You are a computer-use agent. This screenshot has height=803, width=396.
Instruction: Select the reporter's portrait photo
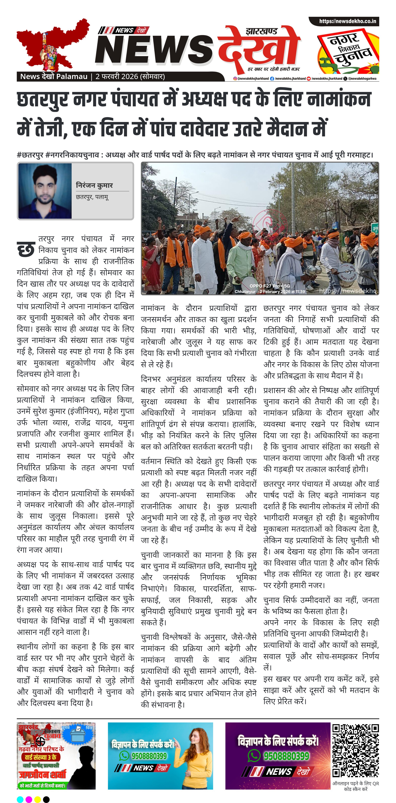point(45,191)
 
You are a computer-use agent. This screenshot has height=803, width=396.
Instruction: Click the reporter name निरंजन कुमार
point(94,185)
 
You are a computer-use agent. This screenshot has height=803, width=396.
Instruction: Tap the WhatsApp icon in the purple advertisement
point(254,756)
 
